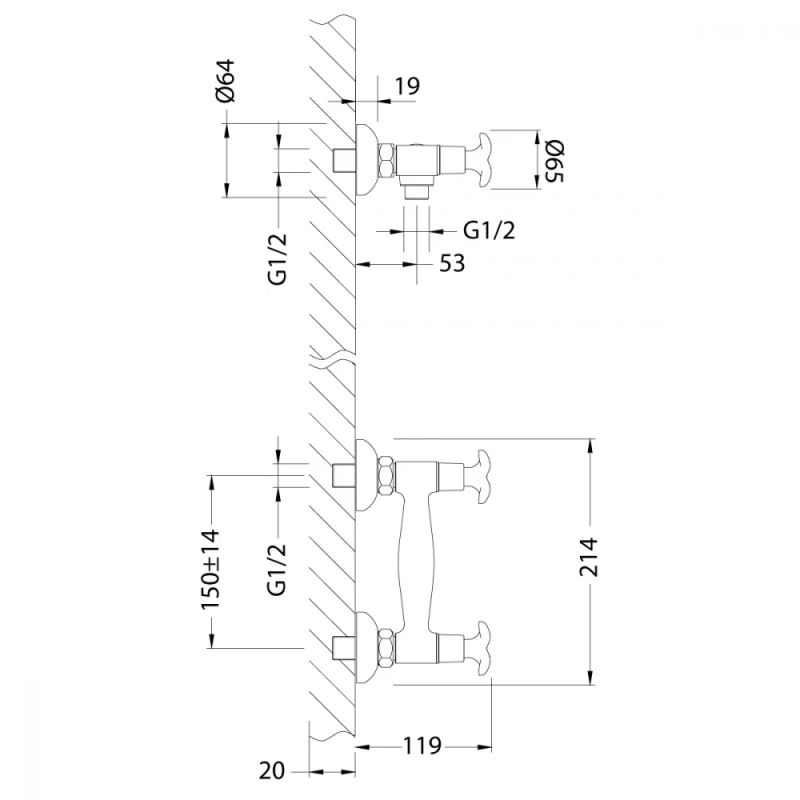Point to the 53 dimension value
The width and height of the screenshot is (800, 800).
pos(452,263)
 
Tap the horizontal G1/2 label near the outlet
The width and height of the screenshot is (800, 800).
pos(490,229)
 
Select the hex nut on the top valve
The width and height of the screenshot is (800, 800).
pos(385,159)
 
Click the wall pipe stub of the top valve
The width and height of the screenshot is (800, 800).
pos(344,159)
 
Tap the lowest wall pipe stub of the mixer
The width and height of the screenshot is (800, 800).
pos(344,646)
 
